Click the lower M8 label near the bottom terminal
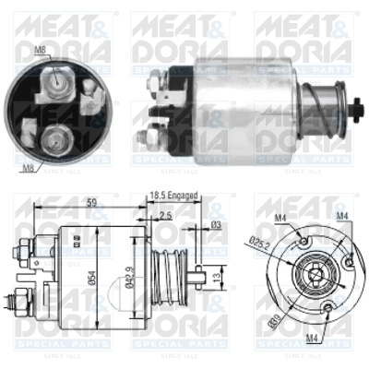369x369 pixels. pyautogui.click(x=28, y=166)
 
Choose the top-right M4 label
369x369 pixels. pyautogui.click(x=342, y=218)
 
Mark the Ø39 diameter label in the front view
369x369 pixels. pyautogui.click(x=273, y=321)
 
